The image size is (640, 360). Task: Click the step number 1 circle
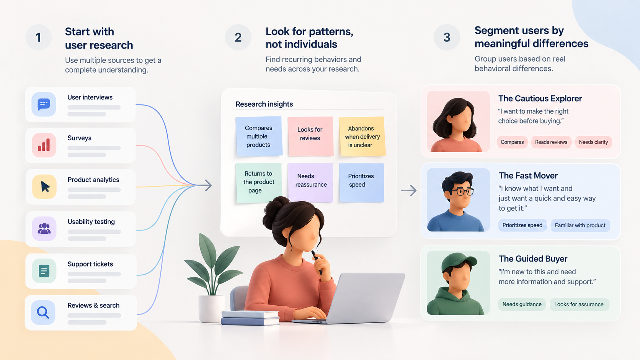tap(38, 37)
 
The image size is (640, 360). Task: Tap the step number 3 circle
tap(447, 37)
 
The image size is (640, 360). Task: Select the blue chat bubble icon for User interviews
tap(44, 104)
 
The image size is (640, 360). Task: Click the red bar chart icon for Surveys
tap(44, 145)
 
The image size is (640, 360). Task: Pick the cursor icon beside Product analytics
tap(44, 187)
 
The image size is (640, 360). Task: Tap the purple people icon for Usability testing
tap(44, 229)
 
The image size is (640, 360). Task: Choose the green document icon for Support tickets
tap(44, 270)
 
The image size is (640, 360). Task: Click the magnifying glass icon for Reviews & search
tap(43, 312)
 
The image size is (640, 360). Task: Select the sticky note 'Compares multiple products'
tap(259, 137)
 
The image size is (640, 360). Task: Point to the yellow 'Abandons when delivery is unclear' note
tap(362, 137)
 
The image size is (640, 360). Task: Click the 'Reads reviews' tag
tap(551, 142)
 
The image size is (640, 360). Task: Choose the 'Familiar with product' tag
tap(580, 225)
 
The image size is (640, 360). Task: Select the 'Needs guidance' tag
tap(522, 304)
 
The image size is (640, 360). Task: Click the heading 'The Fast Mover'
tap(528, 176)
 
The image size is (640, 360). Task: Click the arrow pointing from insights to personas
tap(409, 191)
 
